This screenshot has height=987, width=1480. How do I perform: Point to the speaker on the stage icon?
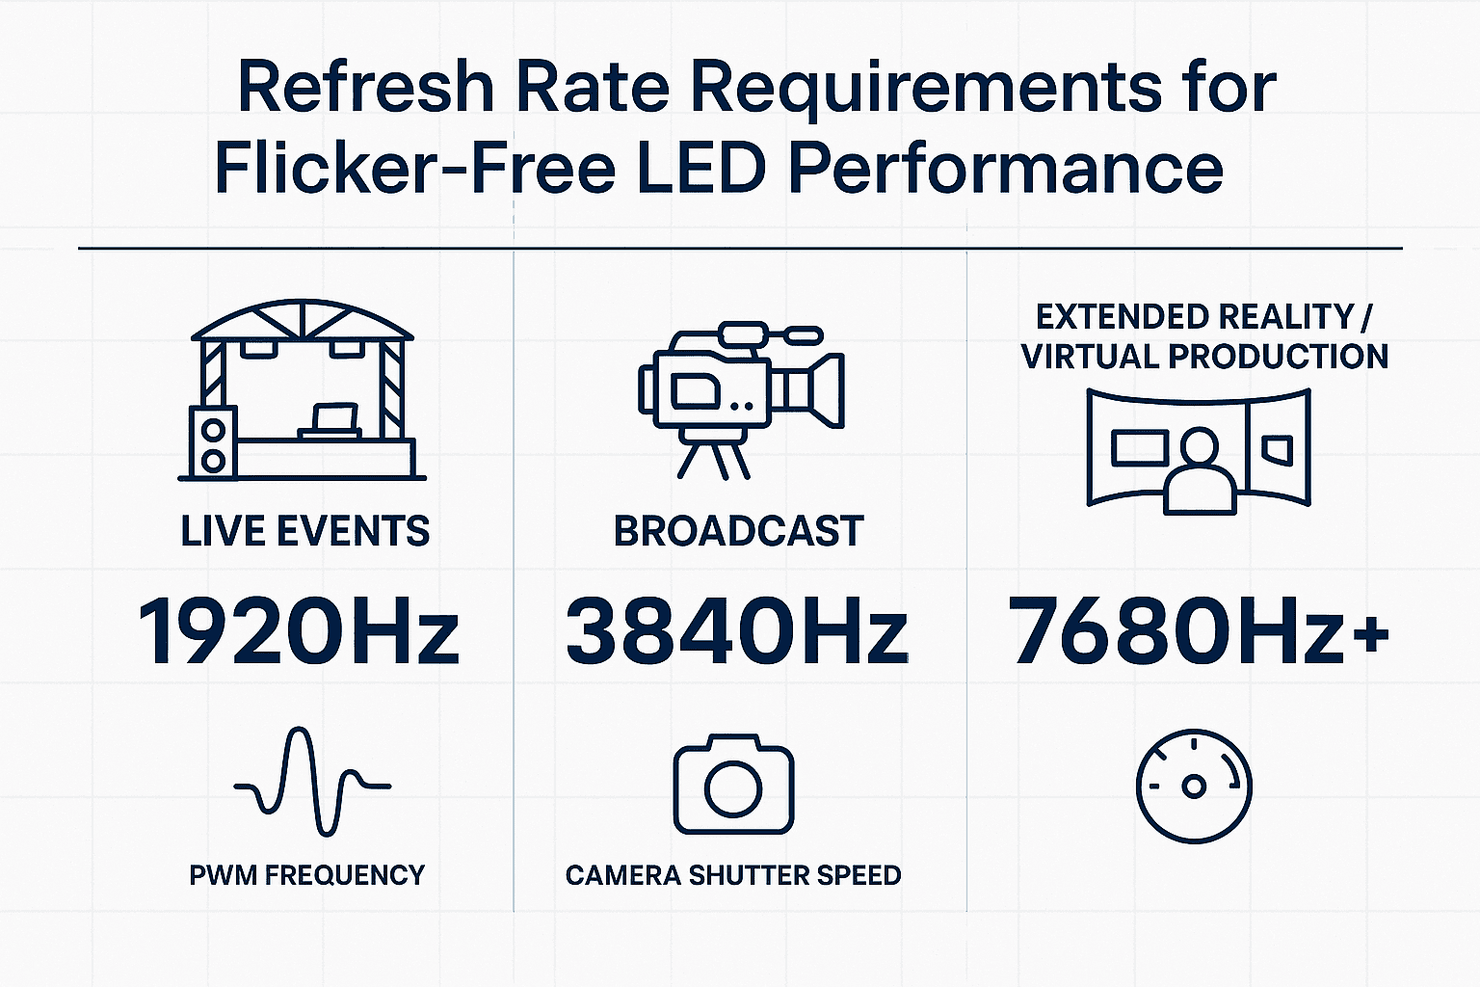point(213,442)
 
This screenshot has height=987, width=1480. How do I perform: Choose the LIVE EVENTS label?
point(304,532)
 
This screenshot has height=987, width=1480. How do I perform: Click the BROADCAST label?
point(738,532)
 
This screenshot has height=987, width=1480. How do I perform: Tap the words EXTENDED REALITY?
point(1195,317)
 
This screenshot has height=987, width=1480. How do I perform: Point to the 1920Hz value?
point(299,632)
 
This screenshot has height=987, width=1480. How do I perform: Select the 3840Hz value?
point(736,632)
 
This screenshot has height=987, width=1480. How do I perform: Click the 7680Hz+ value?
point(1199,632)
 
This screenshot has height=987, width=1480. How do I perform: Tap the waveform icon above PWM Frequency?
point(312,783)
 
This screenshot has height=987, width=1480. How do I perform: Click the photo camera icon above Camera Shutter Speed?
point(733,785)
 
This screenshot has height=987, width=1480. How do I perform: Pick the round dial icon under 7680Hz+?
point(1194,786)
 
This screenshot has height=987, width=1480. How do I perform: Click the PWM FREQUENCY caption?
point(306,875)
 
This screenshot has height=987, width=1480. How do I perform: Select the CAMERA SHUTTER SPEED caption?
point(732,875)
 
